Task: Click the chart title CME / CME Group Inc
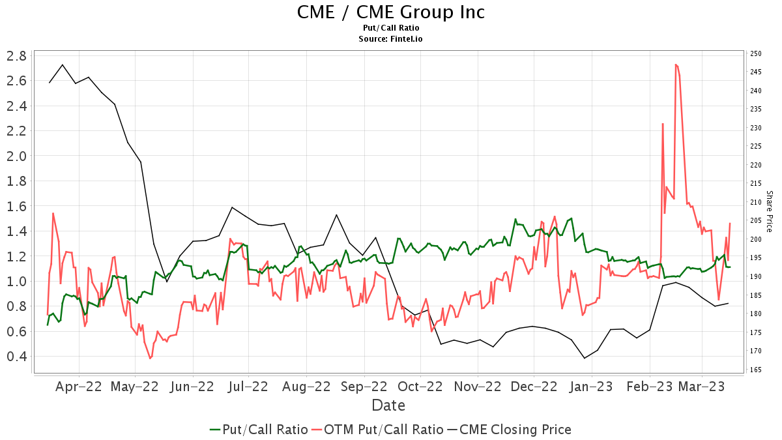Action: click(391, 12)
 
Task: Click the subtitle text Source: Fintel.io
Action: click(391, 39)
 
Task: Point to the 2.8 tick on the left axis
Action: click(16, 55)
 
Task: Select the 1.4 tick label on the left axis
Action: click(16, 231)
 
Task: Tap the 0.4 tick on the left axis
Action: click(16, 357)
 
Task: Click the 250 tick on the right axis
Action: click(756, 53)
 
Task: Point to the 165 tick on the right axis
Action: click(756, 370)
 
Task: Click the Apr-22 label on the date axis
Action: click(79, 387)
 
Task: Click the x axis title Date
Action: click(388, 405)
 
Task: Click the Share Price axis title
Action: click(770, 211)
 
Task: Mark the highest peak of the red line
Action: click(676, 65)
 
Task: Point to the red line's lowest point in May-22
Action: click(150, 358)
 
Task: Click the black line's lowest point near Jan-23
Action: click(585, 358)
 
